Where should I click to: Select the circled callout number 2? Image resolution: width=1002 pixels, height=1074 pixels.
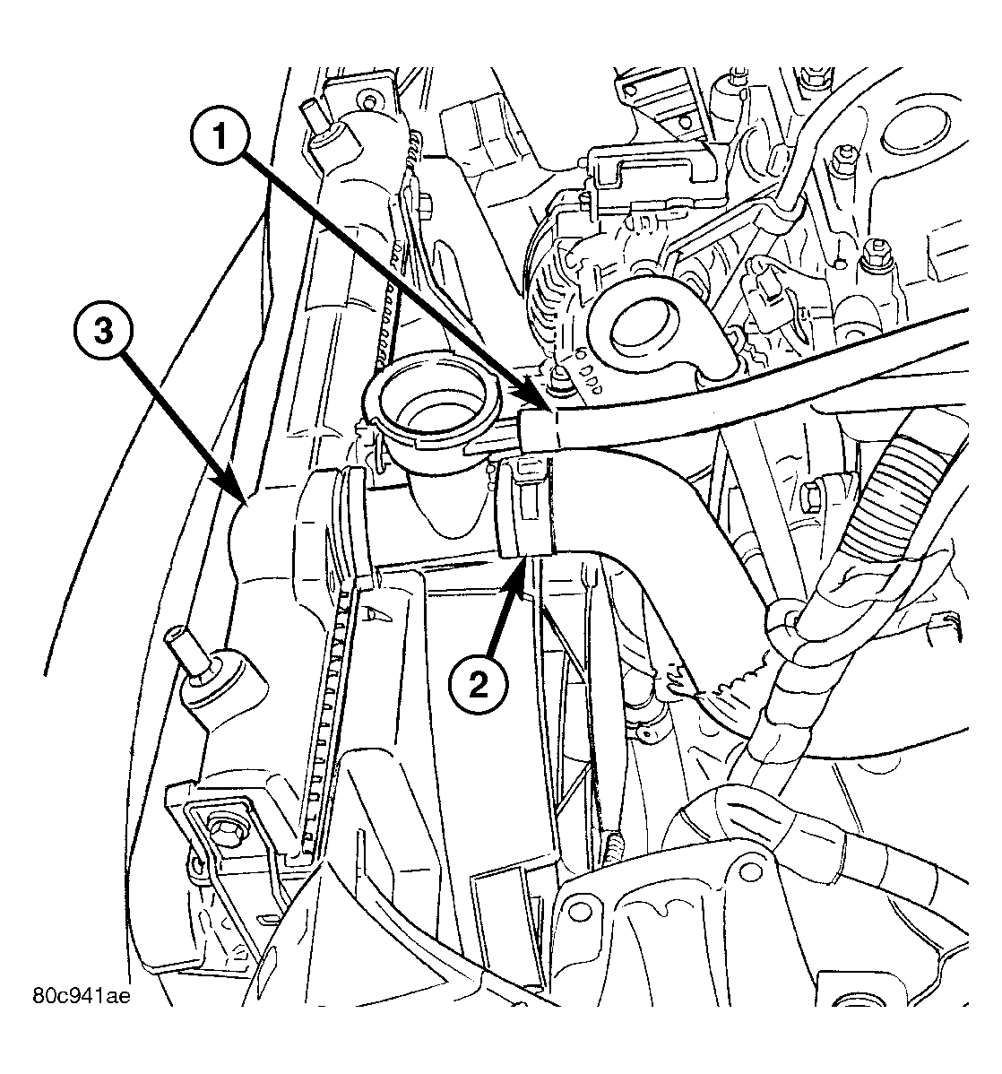(479, 683)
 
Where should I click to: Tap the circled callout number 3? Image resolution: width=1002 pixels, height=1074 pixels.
(103, 333)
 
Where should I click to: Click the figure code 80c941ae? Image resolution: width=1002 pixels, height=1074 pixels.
(81, 995)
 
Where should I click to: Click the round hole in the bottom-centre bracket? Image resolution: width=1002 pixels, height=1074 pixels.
(579, 911)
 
